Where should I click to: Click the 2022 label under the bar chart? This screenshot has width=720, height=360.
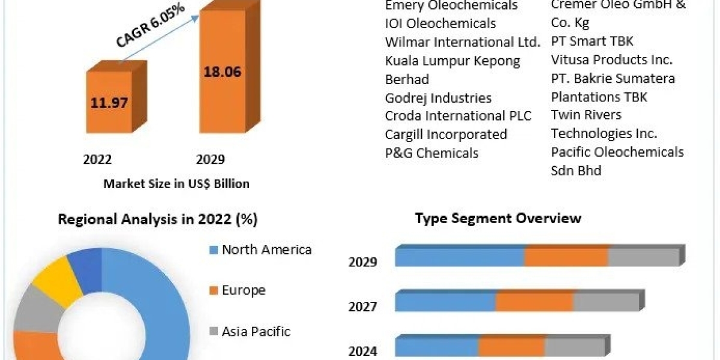[x=97, y=160]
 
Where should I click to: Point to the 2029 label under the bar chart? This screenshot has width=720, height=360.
[x=210, y=160]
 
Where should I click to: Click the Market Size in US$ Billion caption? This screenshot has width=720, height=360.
[x=176, y=184]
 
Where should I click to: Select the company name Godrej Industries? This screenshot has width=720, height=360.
[x=438, y=98]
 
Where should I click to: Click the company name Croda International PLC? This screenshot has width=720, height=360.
[x=458, y=116]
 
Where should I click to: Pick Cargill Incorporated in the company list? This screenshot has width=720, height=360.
[x=446, y=134]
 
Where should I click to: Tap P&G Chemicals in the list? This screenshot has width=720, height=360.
[x=431, y=153]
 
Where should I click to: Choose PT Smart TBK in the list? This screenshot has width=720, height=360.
[x=592, y=41]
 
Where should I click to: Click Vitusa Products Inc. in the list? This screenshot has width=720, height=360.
[x=611, y=60]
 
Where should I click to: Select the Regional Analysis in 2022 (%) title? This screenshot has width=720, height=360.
[x=158, y=220]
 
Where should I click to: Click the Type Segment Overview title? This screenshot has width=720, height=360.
[x=498, y=218]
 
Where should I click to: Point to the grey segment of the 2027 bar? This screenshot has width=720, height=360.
[x=606, y=302]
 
